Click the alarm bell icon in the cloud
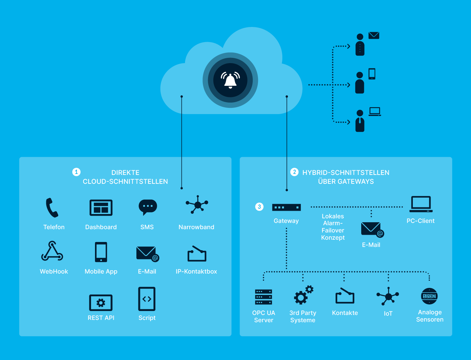pyautogui.click(x=230, y=80)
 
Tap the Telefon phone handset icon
pyautogui.click(x=52, y=208)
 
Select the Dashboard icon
pyautogui.click(x=101, y=208)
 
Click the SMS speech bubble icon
pyautogui.click(x=148, y=207)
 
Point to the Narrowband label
pyautogui.click(x=196, y=227)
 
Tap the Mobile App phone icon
pyautogui.click(x=101, y=252)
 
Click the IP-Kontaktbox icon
pyautogui.click(x=197, y=254)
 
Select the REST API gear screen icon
pyautogui.click(x=101, y=302)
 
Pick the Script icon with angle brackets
pyautogui.click(x=147, y=299)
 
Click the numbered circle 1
pyautogui.click(x=76, y=172)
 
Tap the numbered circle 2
pyautogui.click(x=294, y=172)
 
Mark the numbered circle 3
pyautogui.click(x=259, y=207)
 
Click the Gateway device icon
pyautogui.click(x=286, y=207)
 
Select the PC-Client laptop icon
pyautogui.click(x=421, y=204)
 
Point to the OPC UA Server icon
pyautogui.click(x=264, y=297)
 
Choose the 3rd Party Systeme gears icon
pyautogui.click(x=303, y=295)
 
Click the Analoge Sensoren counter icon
pyautogui.click(x=429, y=296)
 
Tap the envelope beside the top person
pyautogui.click(x=374, y=36)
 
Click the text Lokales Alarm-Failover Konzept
pyautogui.click(x=333, y=227)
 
